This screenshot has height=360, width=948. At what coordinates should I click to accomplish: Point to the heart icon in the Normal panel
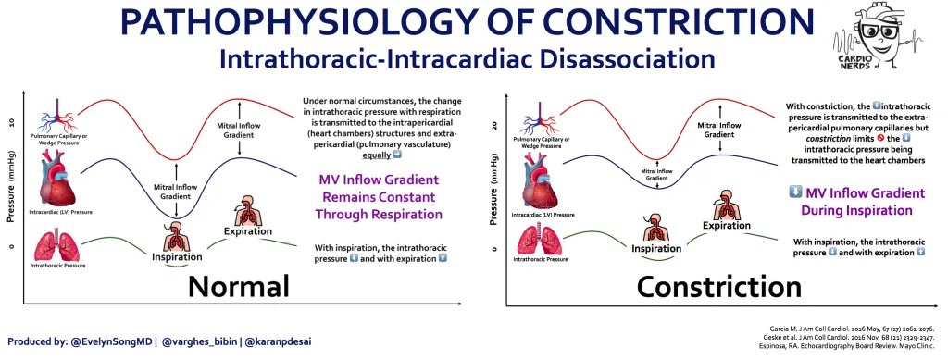(x=59, y=177)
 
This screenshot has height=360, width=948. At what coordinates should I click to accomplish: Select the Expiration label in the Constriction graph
(x=726, y=225)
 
